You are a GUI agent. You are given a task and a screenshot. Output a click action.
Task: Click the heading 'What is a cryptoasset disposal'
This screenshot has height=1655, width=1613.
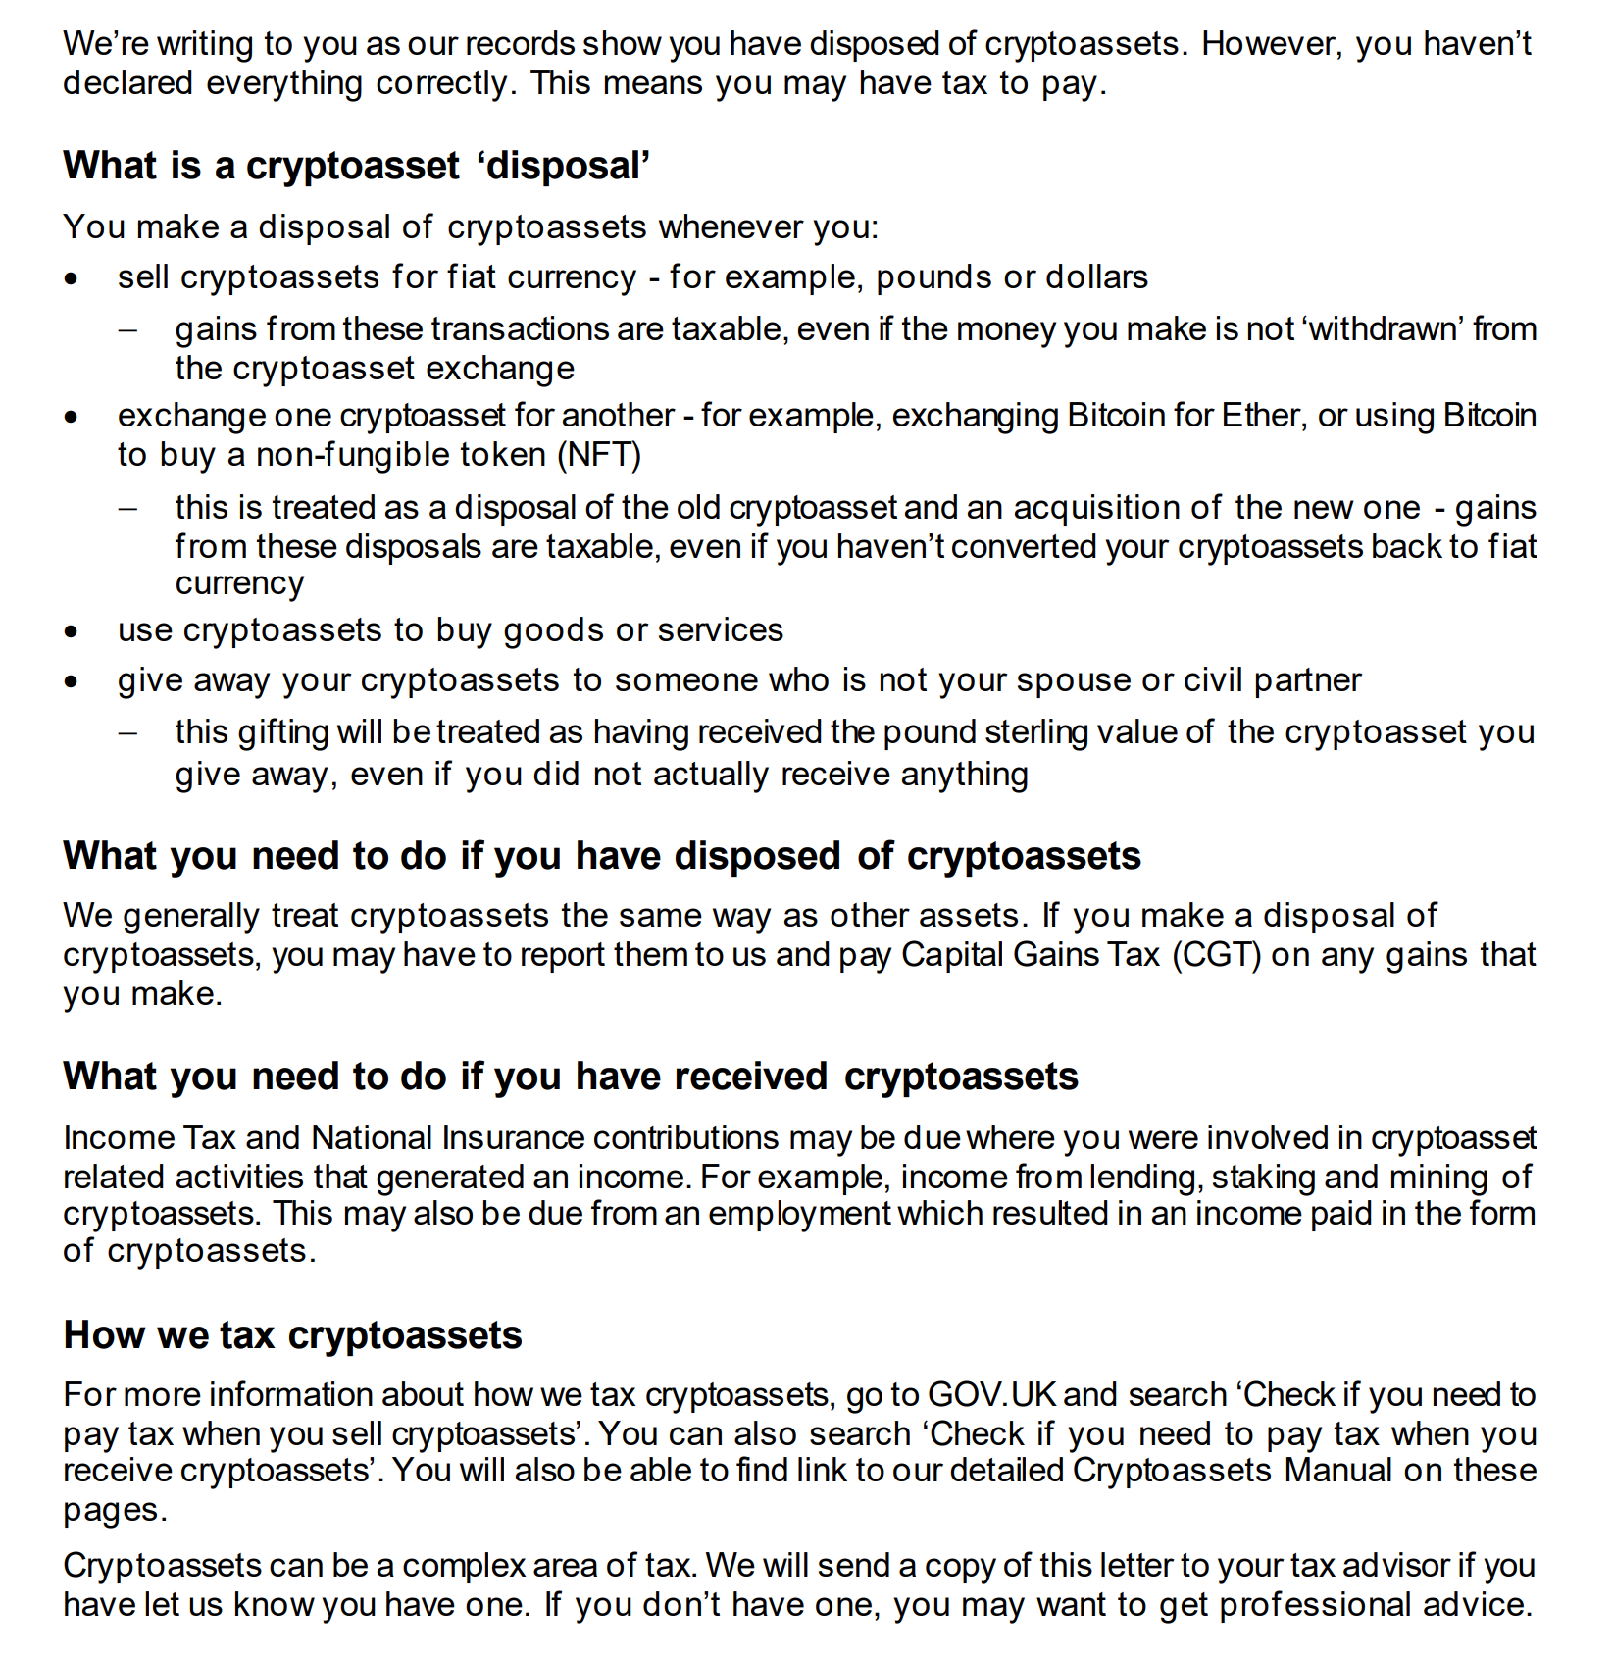coord(356,166)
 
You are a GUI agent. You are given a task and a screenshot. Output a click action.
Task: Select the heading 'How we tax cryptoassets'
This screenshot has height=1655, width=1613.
coord(292,1335)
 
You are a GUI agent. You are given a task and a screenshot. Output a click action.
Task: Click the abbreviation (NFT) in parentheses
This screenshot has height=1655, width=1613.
coord(599,455)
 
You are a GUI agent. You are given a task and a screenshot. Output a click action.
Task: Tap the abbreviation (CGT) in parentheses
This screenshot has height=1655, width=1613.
coord(1217,954)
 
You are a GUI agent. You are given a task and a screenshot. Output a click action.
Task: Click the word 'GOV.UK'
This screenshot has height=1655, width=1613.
coord(990,1394)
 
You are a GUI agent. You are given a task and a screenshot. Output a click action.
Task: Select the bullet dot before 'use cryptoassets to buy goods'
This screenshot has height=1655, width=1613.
coord(71,631)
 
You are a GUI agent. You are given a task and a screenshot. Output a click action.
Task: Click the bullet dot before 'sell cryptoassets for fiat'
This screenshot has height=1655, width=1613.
coord(71,278)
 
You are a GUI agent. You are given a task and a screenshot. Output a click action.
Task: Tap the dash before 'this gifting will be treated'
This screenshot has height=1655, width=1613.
coord(127,732)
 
